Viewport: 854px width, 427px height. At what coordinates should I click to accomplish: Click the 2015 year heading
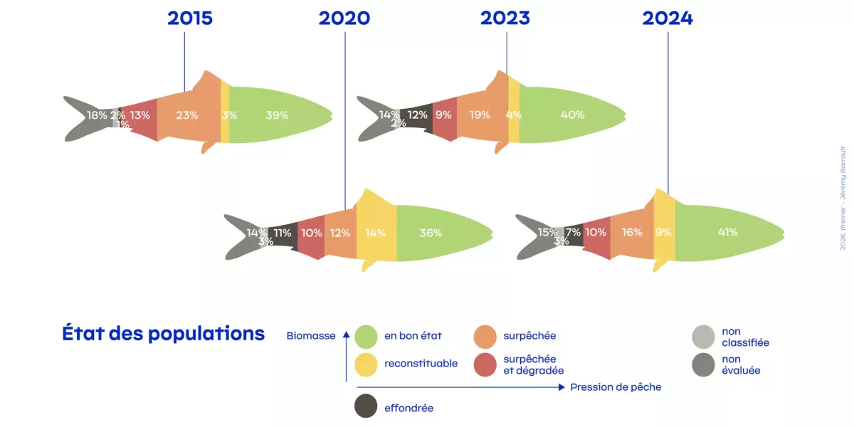coord(190,19)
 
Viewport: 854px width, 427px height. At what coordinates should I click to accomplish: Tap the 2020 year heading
coord(344,19)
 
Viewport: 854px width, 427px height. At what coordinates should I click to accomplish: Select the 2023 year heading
coord(505,19)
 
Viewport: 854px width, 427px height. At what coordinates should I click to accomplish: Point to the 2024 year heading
coord(668,19)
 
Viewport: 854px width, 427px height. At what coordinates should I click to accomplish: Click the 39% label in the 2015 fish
coord(277,115)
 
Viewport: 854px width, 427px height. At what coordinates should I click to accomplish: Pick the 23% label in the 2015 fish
coord(187,115)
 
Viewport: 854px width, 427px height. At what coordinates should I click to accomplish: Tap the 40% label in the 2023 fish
coord(572,115)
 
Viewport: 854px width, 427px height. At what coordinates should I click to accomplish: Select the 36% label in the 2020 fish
coord(431,233)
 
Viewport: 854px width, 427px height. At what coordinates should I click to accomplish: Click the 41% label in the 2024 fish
coord(727,232)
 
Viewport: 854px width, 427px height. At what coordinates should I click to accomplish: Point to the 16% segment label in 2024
coord(631,232)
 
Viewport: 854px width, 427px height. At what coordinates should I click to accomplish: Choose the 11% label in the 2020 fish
coord(283,233)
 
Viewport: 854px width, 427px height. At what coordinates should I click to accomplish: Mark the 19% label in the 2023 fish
coord(480,115)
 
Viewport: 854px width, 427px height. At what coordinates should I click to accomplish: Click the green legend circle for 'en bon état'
coord(366,336)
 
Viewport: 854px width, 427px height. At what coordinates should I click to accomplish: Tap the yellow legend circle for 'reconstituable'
coord(366,364)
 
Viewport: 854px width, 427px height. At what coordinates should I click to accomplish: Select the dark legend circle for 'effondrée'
coord(366,406)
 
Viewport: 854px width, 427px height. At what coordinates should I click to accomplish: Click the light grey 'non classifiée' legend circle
coord(703,336)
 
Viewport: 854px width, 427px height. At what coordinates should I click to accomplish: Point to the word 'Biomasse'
coord(311,336)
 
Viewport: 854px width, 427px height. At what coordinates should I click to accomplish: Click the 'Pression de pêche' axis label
coord(616,387)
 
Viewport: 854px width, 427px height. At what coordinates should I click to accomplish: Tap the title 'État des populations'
coord(163,334)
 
